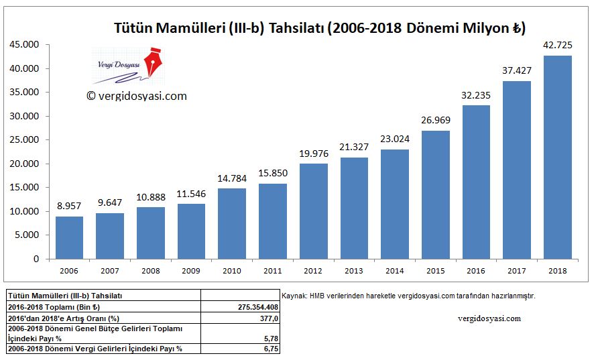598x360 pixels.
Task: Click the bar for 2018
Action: pyautogui.click(x=557, y=157)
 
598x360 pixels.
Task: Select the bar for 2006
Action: pyautogui.click(x=69, y=237)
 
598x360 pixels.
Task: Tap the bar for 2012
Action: pyautogui.click(x=313, y=211)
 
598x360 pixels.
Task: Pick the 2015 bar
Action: pyautogui.click(x=435, y=194)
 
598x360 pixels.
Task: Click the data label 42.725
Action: pyautogui.click(x=557, y=46)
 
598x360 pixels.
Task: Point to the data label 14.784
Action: pyautogui.click(x=232, y=178)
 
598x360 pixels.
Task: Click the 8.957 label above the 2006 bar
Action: pyautogui.click(x=69, y=206)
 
